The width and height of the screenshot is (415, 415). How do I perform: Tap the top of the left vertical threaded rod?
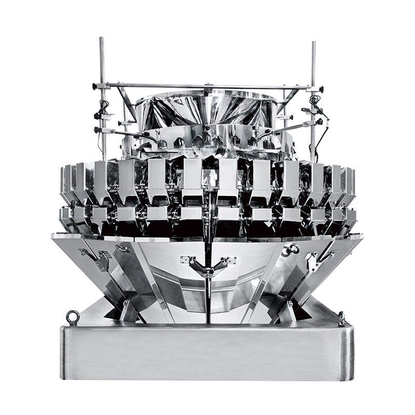[x=102, y=39]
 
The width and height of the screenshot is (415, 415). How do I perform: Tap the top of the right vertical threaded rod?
[x=313, y=43]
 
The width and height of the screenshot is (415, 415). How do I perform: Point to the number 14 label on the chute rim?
[x=152, y=240]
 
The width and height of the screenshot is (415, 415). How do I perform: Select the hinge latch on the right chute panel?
[x=313, y=258]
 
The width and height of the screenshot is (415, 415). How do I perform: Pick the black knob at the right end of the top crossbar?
[x=321, y=89]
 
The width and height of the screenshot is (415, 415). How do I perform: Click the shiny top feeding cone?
[x=208, y=109]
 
